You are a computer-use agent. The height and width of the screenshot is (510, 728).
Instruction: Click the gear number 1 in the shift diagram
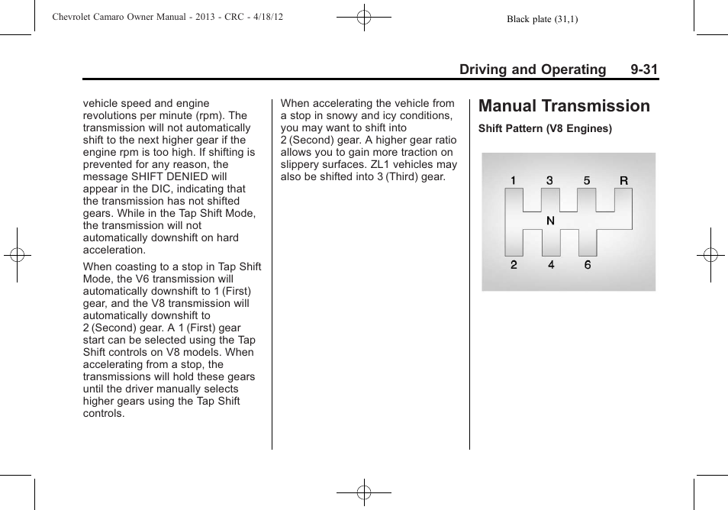coord(514,181)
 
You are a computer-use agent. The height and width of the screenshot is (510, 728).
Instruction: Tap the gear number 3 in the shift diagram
coord(549,181)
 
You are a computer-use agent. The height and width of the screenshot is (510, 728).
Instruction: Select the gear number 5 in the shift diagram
coord(587,181)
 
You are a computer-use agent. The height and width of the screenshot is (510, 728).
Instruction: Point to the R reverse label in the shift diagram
coord(623,181)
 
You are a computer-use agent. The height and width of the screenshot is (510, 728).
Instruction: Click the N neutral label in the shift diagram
coord(550,221)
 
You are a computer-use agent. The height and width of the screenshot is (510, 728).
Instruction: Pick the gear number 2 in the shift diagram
coord(514,265)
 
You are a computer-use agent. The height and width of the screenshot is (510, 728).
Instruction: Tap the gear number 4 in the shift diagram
coord(550,265)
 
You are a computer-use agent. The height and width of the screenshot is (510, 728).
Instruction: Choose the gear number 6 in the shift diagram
coord(587,265)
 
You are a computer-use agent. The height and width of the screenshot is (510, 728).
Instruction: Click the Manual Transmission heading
coord(564,106)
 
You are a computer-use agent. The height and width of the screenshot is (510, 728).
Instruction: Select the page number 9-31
coord(644,69)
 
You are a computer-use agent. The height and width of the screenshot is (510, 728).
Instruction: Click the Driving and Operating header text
coord(532,69)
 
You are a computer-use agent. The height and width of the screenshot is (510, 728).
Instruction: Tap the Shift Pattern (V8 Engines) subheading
coord(545,129)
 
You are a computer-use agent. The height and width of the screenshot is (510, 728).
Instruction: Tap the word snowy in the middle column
coord(340,115)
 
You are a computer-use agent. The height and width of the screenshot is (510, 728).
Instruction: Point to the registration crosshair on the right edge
coord(710,255)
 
